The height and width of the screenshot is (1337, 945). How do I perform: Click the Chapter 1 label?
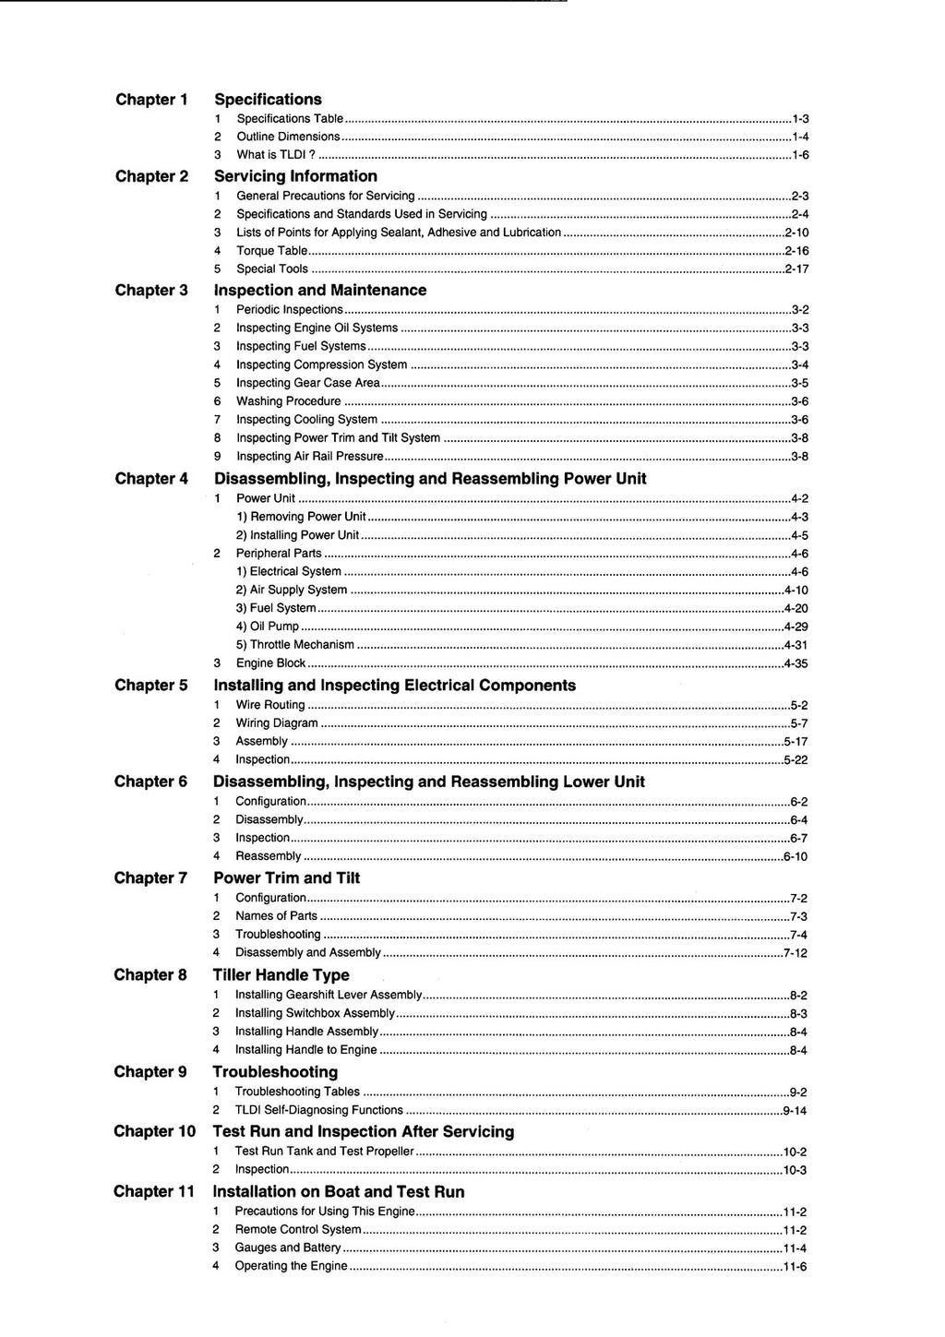[151, 100]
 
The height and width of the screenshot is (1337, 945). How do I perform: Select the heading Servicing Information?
[295, 176]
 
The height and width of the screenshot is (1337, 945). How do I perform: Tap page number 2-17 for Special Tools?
[796, 269]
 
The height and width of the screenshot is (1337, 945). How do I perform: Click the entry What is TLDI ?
[276, 155]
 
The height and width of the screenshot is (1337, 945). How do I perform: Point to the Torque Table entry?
[271, 251]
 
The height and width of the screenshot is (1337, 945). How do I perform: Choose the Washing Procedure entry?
[288, 401]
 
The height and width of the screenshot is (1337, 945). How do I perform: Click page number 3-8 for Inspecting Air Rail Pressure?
[800, 457]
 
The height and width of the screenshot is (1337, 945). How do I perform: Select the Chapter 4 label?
[151, 479]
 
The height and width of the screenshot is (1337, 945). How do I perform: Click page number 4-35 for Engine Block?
[795, 663]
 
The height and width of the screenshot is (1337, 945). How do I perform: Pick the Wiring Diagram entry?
[276, 723]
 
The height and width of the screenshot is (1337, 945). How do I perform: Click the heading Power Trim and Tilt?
[286, 878]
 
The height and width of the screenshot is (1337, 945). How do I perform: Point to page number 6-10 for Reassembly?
[795, 857]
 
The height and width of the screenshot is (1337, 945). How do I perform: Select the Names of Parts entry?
[276, 916]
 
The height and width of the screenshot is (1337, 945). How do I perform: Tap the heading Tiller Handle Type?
[281, 975]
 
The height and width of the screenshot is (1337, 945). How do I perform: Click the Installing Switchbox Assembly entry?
[315, 1013]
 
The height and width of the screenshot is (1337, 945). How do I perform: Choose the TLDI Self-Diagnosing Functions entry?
[318, 1110]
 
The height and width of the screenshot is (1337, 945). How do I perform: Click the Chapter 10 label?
[155, 1131]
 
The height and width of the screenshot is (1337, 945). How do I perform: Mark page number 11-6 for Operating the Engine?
[795, 1267]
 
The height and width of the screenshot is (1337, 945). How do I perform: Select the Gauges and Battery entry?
[287, 1247]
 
